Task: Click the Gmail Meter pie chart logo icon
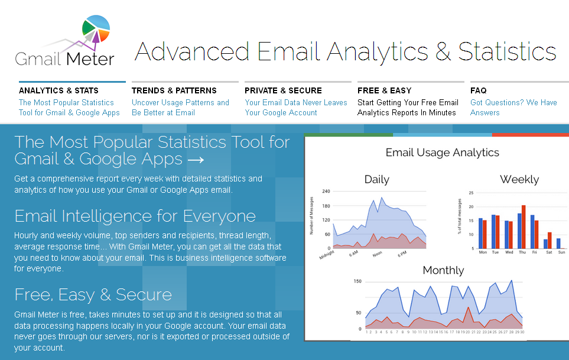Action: click(x=96, y=29)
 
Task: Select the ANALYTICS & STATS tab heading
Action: click(x=58, y=90)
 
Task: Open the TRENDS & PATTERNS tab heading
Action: click(x=174, y=90)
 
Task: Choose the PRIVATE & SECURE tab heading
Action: click(x=283, y=90)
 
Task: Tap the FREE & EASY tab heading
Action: click(x=384, y=90)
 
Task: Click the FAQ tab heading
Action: click(x=478, y=90)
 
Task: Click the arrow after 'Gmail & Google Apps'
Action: click(x=196, y=160)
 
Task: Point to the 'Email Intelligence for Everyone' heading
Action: click(x=135, y=216)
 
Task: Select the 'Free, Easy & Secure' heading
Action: click(x=93, y=294)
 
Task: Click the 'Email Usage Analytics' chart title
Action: click(x=443, y=153)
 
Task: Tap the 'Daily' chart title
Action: click(x=376, y=179)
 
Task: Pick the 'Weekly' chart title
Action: click(x=519, y=179)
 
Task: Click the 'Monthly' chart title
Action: click(x=443, y=270)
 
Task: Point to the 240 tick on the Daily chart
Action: click(x=326, y=192)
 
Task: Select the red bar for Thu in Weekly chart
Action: click(x=524, y=227)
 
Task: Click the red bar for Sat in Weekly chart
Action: click(x=550, y=240)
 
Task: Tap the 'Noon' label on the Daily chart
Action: click(x=377, y=254)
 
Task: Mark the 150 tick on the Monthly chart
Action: click(x=357, y=281)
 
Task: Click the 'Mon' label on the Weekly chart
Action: click(x=483, y=252)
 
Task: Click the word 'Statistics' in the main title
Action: click(x=507, y=51)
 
